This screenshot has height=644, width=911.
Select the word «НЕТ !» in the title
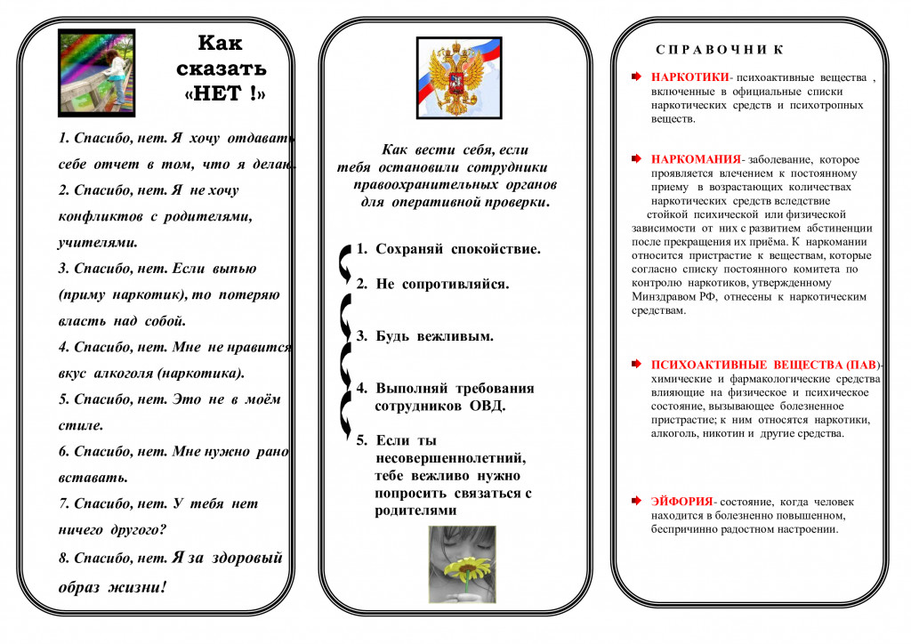tap(225, 93)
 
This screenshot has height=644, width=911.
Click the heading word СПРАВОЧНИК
tap(721, 50)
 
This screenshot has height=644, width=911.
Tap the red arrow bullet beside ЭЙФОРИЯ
tap(635, 503)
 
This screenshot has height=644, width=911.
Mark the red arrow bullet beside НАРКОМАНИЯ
tap(635, 159)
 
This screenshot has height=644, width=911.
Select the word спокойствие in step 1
tap(495, 249)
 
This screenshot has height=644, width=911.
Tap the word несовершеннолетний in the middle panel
tap(450, 457)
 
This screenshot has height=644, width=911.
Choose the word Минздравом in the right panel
tap(665, 297)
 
